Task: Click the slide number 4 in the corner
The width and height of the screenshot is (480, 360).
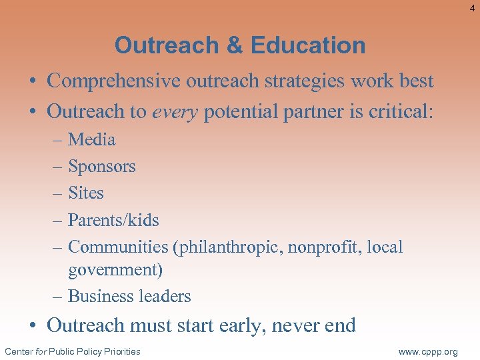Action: [x=472, y=7]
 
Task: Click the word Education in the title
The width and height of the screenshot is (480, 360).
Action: [x=309, y=45]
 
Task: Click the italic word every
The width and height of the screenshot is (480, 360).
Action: [x=175, y=111]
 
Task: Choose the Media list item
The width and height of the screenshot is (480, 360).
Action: [x=92, y=139]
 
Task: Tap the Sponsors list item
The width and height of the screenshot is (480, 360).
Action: [x=102, y=167]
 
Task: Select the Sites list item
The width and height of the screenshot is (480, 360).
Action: [x=86, y=193]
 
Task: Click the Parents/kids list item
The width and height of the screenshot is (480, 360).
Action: [x=113, y=220]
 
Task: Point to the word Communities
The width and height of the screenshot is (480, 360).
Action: [x=118, y=247]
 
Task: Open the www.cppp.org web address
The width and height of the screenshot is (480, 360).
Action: [x=428, y=352]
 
